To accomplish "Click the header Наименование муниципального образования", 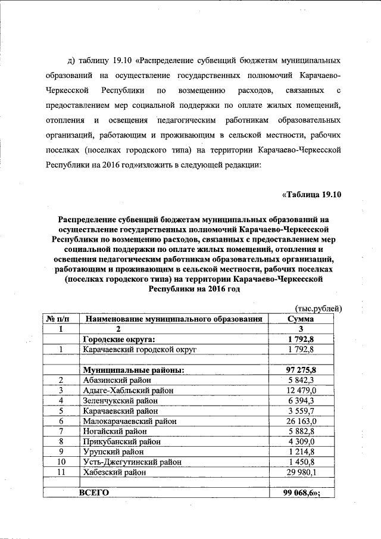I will (174, 319).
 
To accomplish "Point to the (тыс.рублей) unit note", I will (318, 309).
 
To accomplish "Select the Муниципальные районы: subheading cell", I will (132, 370).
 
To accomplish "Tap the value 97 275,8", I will (305, 370).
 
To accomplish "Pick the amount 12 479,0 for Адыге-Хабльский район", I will (306, 390).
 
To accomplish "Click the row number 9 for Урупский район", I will (61, 451).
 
